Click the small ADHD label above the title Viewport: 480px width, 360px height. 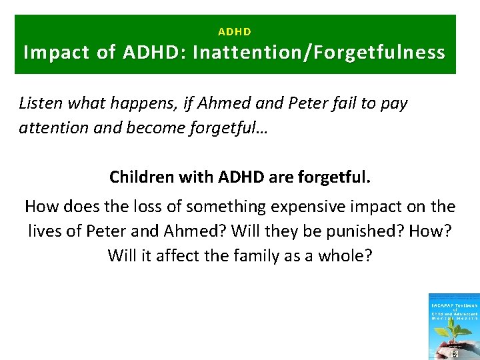pyautogui.click(x=235, y=31)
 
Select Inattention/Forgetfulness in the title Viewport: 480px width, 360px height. pyautogui.click(x=319, y=53)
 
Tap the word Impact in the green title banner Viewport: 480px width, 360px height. pyautogui.click(x=57, y=53)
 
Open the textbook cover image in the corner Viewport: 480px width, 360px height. pyautogui.click(x=454, y=327)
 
